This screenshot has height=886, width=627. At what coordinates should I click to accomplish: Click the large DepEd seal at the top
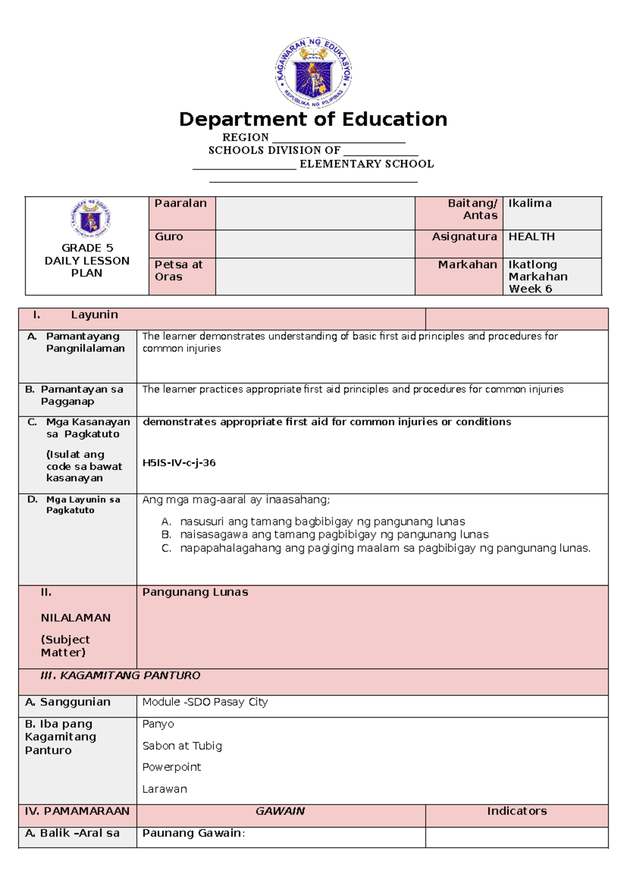[x=313, y=72]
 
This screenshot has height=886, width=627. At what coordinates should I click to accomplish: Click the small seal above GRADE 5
[x=91, y=218]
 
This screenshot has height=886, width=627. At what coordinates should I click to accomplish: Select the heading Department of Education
[x=313, y=120]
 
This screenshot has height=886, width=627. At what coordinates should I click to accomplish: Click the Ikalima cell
[x=530, y=203]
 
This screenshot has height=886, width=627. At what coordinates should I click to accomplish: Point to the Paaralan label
[x=180, y=203]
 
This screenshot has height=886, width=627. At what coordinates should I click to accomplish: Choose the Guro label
[x=169, y=237]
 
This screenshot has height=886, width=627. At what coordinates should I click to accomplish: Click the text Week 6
[x=530, y=289]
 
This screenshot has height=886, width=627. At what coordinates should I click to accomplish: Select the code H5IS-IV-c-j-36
[x=179, y=463]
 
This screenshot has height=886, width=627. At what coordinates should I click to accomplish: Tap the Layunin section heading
[x=94, y=315]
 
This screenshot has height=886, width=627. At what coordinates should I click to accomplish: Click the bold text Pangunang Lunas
[x=195, y=592]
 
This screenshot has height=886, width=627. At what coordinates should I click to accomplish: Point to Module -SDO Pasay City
[x=205, y=702]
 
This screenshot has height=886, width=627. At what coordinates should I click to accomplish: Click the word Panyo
[x=158, y=724]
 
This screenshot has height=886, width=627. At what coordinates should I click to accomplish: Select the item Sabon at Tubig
[x=182, y=746]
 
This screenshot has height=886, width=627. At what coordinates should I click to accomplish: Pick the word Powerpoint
[x=171, y=767]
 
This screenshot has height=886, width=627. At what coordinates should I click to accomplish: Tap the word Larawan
[x=164, y=789]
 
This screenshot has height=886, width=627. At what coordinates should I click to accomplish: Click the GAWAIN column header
[x=280, y=811]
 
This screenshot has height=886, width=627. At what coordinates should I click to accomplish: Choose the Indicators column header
[x=517, y=811]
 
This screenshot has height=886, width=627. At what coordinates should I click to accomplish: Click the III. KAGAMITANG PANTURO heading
[x=120, y=675]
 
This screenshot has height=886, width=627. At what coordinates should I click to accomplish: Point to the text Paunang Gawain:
[x=193, y=833]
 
